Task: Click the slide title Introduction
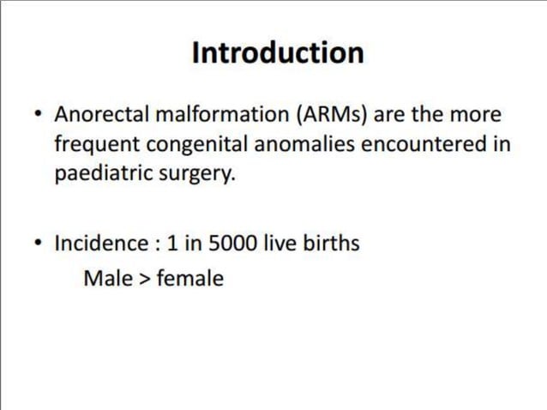pos(278,53)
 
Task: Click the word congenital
pos(189,144)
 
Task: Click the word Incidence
pos(101,244)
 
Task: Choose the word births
pos(331,244)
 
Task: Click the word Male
pos(108,279)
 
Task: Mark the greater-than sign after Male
pos(145,279)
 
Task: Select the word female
pos(189,279)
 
